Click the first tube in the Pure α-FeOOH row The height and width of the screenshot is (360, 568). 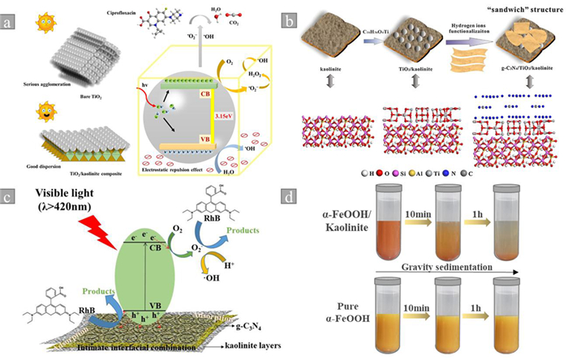pos(393,311)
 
